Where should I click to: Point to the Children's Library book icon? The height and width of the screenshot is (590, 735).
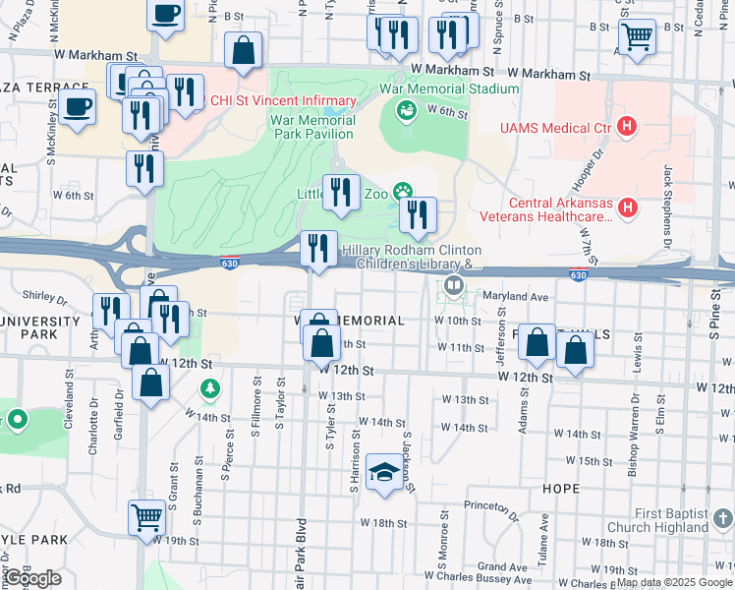pyautogui.click(x=453, y=286)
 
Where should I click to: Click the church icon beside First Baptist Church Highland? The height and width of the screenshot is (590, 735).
pyautogui.click(x=723, y=517)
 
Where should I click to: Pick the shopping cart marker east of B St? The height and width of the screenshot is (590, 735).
pyautogui.click(x=640, y=36)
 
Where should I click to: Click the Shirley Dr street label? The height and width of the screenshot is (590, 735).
pyautogui.click(x=46, y=301)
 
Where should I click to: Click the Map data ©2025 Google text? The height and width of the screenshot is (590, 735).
pyautogui.click(x=680, y=582)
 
